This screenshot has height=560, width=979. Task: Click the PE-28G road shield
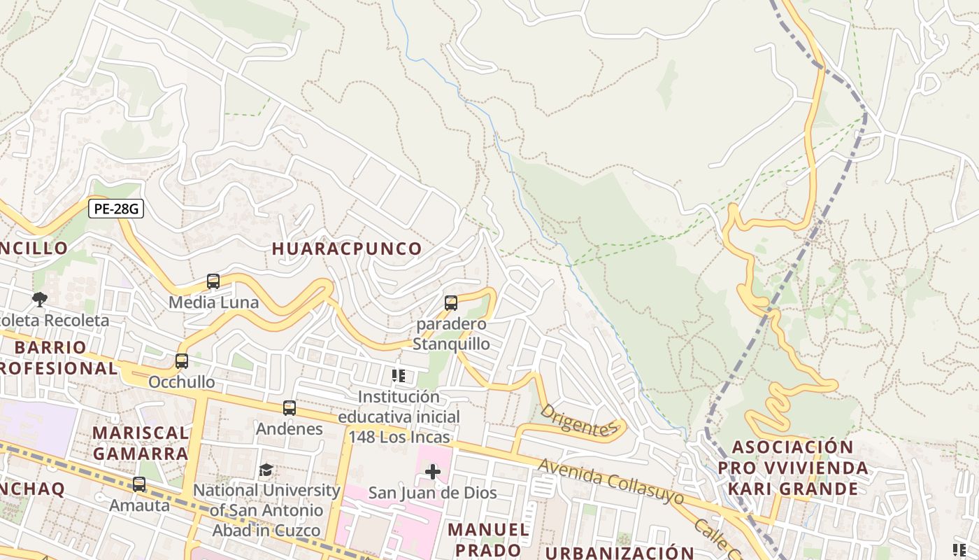[116, 209]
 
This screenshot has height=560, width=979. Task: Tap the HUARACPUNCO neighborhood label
[347, 248]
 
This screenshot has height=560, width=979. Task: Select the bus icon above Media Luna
[213, 281]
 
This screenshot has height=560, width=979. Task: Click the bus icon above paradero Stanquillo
[451, 303]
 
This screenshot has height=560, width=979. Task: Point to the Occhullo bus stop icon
[182, 361]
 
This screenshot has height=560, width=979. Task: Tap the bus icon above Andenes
[290, 407]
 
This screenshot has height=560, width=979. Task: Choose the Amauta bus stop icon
[139, 484]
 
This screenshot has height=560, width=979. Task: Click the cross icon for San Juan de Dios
[433, 472]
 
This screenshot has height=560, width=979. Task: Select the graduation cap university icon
[266, 469]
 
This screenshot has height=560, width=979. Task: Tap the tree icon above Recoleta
[40, 300]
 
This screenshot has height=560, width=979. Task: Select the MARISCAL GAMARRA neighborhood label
[141, 443]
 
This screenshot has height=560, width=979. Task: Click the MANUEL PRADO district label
[489, 539]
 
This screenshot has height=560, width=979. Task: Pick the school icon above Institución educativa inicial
[399, 376]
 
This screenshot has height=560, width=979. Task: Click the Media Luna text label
[213, 302]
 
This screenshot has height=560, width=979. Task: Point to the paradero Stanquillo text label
[451, 335]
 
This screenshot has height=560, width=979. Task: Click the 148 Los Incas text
[399, 437]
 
